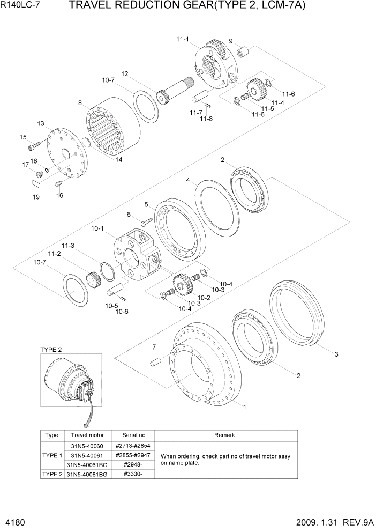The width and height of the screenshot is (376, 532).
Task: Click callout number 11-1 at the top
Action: [x=183, y=39]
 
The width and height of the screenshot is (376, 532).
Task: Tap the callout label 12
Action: [x=124, y=74]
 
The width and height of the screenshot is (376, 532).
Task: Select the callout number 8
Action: [x=80, y=103]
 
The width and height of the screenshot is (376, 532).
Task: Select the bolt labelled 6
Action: [x=146, y=221]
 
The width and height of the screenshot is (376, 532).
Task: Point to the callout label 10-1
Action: [x=97, y=228]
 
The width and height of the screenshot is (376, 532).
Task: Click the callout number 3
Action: [x=336, y=354]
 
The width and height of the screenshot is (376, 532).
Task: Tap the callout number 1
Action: [x=245, y=407]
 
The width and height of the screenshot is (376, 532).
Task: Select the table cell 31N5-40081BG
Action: [x=87, y=474]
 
